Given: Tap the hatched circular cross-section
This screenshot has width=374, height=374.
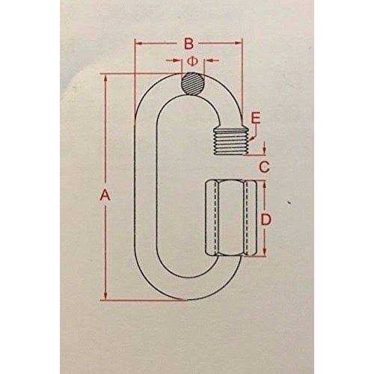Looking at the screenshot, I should point(193,83).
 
